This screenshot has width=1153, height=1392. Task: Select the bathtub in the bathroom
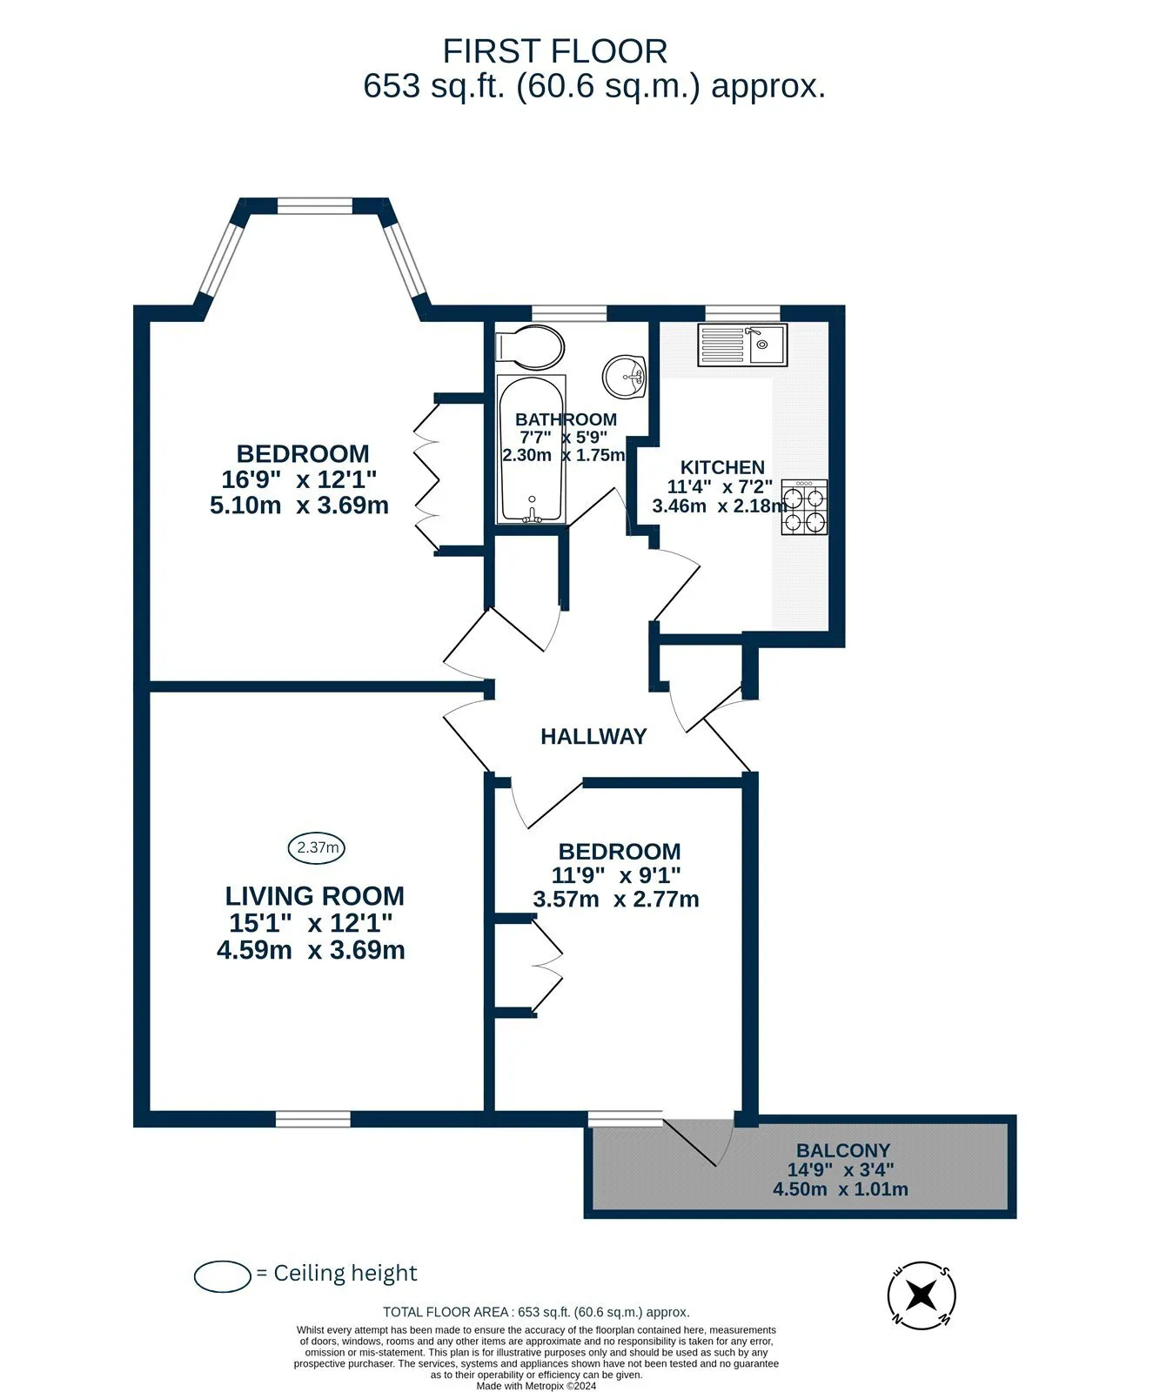tap(532, 450)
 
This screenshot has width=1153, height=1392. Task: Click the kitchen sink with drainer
tap(742, 345)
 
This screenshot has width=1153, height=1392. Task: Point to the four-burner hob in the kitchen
tap(804, 506)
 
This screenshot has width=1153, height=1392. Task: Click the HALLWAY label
tap(593, 737)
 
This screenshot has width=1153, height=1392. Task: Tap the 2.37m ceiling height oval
tap(317, 847)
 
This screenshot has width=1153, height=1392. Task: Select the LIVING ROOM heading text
tap(315, 896)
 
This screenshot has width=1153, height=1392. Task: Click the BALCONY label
tap(843, 1150)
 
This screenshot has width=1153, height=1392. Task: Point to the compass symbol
tap(922, 1295)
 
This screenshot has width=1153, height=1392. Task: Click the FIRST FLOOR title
tap(555, 51)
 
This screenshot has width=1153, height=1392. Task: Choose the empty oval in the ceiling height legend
tap(224, 1275)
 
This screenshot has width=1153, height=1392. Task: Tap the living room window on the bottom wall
tap(313, 1118)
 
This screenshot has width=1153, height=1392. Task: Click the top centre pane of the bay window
tap(315, 205)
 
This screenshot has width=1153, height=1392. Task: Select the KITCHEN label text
tap(722, 467)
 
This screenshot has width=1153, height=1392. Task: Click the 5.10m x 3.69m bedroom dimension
tap(299, 505)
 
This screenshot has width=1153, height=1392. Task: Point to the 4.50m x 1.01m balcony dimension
tap(841, 1189)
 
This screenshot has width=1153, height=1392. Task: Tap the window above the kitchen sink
tap(742, 313)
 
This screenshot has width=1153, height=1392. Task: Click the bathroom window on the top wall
tap(569, 313)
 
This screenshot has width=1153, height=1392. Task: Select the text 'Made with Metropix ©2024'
tap(536, 1387)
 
